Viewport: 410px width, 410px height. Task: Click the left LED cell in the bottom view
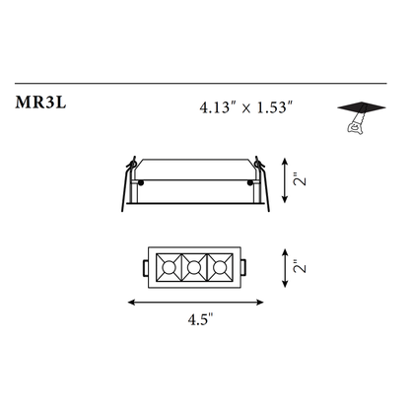tap(170, 266)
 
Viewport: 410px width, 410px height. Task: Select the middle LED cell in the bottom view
tap(195, 266)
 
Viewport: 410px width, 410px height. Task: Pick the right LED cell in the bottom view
tap(221, 266)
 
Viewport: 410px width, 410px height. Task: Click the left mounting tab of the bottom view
tap(147, 266)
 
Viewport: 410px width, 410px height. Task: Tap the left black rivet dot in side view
tap(142, 182)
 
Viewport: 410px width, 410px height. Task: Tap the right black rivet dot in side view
tap(247, 182)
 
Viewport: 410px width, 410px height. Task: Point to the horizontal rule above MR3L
tap(205, 83)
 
